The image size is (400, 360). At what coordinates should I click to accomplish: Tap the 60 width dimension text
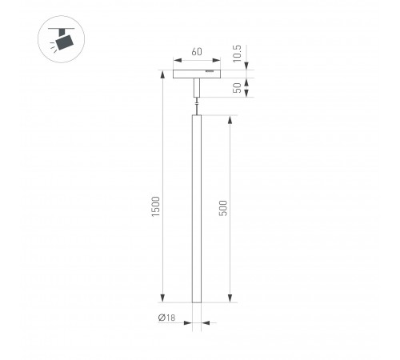197,53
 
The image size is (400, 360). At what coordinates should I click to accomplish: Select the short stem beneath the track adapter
197,89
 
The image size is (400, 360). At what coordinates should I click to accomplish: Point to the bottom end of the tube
197,301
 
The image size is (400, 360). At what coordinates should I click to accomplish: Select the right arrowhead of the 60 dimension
216,61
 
